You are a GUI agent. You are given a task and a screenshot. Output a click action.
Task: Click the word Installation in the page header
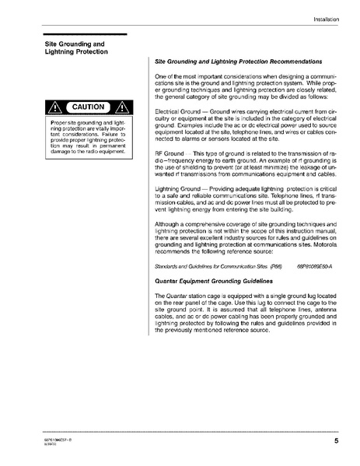click(329, 18)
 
